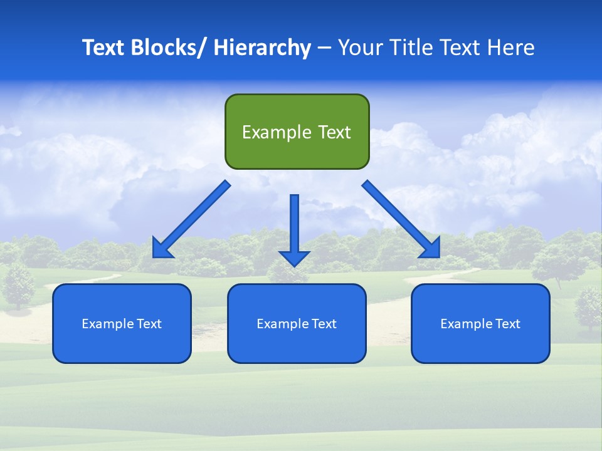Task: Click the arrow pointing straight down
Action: [x=295, y=225]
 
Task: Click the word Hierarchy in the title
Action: [x=261, y=48]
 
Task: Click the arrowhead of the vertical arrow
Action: [x=295, y=257]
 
